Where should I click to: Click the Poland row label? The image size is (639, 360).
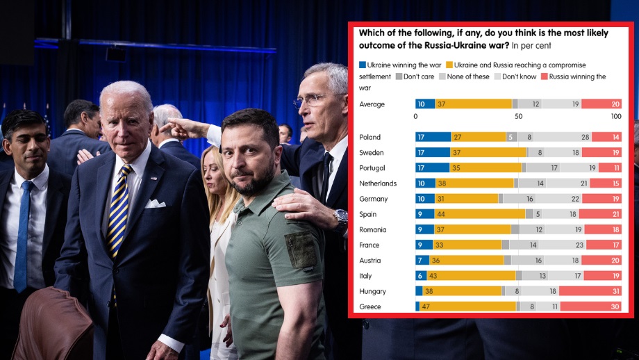[x=370, y=137]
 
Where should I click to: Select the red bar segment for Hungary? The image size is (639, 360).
[x=590, y=291]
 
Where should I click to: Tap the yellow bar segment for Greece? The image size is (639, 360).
[x=467, y=306]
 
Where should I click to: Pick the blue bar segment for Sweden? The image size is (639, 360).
[x=433, y=152]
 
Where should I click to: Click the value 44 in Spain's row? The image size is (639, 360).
[x=441, y=214]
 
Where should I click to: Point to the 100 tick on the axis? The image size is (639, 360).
[x=616, y=116]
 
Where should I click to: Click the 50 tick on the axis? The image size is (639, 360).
[x=518, y=116]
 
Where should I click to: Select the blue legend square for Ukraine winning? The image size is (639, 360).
[x=362, y=65]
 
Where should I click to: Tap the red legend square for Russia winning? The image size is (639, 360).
[x=544, y=76]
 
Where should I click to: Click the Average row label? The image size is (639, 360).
[x=372, y=104]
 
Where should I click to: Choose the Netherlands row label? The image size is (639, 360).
[x=377, y=183]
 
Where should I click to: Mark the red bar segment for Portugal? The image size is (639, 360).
[x=610, y=167]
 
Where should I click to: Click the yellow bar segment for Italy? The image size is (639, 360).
[x=470, y=276]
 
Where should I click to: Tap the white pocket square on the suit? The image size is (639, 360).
[x=154, y=203]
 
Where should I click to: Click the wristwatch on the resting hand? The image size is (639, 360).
[x=340, y=220]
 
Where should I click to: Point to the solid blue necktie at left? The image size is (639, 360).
[x=23, y=236]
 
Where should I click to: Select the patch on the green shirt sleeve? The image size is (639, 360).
[x=302, y=249]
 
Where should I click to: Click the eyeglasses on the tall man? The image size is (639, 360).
[x=310, y=100]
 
